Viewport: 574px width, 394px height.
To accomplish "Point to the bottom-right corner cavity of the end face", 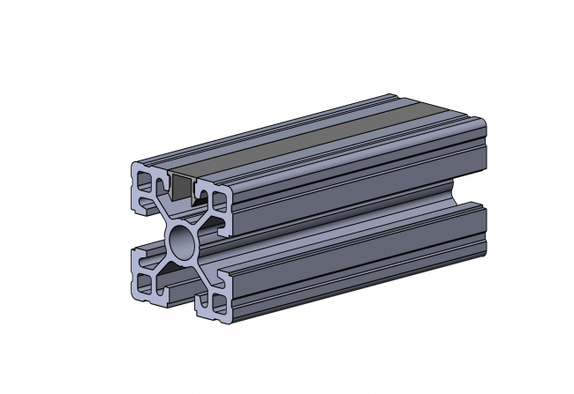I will point(218,304).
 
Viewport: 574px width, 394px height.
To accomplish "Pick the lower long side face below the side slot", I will point(353,264).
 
